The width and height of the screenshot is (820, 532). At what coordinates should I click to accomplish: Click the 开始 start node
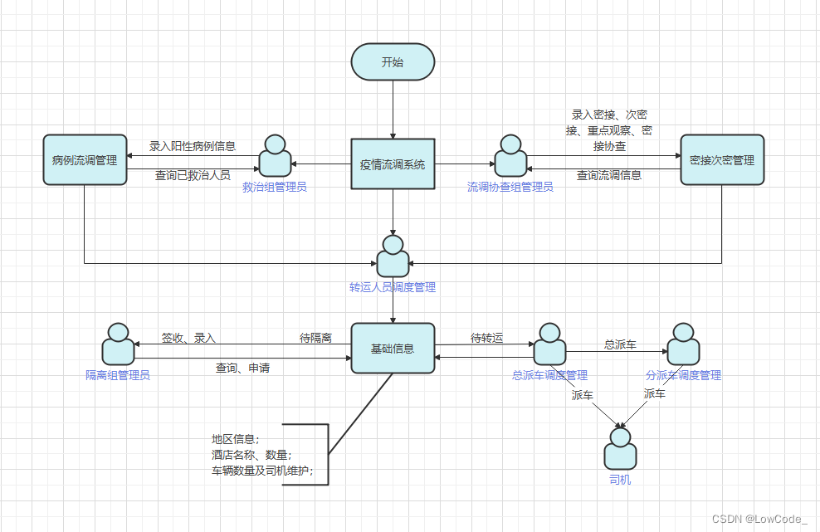[393, 62]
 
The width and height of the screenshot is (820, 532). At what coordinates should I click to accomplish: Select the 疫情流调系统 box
[393, 164]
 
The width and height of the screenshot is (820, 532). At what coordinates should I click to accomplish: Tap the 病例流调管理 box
[85, 159]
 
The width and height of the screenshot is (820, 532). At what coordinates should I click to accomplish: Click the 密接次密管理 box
[721, 159]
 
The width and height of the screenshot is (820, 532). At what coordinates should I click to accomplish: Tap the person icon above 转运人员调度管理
[393, 256]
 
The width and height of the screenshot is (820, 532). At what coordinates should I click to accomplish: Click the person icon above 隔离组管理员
[118, 344]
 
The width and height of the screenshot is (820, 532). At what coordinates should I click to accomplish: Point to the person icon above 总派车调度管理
[549, 344]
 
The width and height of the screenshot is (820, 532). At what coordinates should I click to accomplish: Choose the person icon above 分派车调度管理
[683, 344]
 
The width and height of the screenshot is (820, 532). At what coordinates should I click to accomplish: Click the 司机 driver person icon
[620, 450]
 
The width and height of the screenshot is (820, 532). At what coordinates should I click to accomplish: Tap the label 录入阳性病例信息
[193, 146]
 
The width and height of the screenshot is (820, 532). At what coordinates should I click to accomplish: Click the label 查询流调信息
[609, 175]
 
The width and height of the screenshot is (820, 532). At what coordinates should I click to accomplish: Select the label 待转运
[486, 338]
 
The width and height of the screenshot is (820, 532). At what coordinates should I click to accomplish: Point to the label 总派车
[620, 344]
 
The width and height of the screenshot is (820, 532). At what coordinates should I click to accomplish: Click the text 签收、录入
[188, 338]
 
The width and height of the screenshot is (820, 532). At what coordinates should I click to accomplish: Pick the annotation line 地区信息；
[236, 439]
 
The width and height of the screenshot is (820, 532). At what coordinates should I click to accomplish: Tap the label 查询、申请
[242, 368]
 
